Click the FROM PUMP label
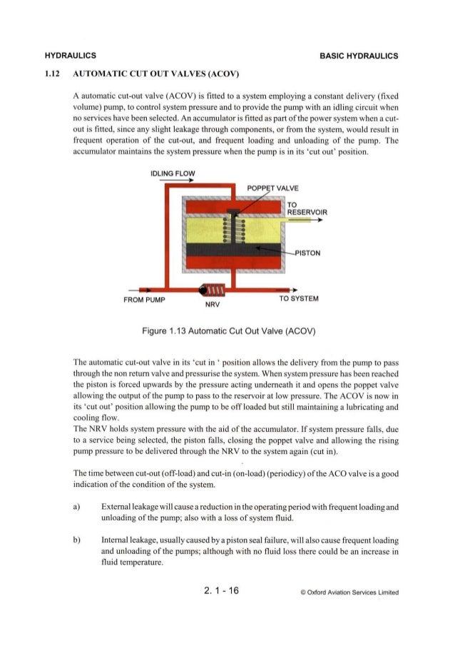pos(144,299)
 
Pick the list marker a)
pos(76,505)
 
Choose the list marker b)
pos(76,539)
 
